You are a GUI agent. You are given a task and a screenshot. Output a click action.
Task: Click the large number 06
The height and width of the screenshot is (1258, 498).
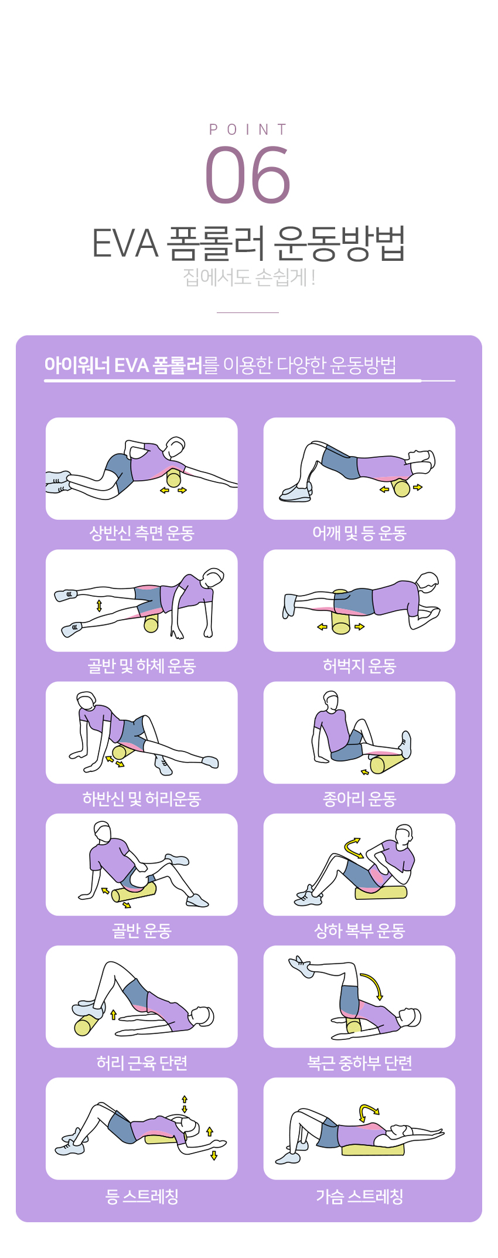[248, 175]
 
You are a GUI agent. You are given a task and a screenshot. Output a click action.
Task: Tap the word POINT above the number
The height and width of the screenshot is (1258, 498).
[248, 130]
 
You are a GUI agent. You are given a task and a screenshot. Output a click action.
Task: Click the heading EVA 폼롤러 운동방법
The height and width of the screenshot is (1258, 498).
[248, 243]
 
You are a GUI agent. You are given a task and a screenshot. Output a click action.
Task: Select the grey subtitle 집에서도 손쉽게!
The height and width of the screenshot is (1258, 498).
[249, 277]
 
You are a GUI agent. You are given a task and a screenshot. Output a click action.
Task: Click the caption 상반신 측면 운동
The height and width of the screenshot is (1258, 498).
[142, 533]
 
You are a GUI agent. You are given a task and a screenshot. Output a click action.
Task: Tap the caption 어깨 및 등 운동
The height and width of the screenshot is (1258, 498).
[359, 533]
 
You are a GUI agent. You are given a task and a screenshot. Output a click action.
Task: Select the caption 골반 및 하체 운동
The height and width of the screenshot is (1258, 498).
[142, 666]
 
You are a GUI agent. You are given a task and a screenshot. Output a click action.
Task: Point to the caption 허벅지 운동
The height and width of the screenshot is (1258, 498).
[359, 666]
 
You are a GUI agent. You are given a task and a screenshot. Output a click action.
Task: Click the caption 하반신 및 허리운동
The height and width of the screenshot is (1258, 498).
[142, 798]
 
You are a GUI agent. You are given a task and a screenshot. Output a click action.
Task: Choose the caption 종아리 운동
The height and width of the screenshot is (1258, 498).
[359, 798]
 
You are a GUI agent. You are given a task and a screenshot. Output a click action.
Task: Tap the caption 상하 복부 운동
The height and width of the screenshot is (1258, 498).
[359, 930]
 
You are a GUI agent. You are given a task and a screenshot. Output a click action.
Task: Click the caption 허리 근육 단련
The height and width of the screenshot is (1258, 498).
[142, 1063]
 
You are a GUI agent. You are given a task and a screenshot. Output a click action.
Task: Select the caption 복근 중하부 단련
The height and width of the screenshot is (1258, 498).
[359, 1063]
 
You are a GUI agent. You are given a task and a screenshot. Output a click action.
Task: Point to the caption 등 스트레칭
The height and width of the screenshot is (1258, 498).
[142, 1196]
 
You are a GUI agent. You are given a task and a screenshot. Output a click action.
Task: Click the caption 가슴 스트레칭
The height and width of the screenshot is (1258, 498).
[359, 1196]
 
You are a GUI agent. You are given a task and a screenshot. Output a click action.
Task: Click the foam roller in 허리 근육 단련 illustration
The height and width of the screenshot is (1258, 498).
[87, 1024]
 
